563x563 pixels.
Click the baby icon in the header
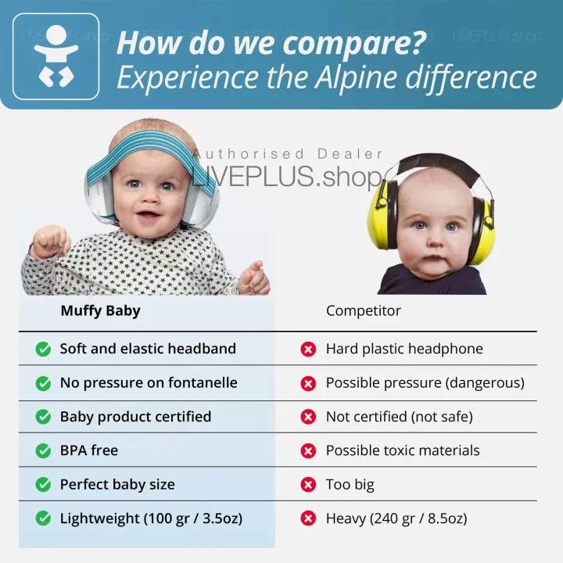click(x=56, y=56)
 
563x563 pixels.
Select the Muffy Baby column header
click(x=100, y=310)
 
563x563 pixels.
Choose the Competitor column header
click(x=363, y=310)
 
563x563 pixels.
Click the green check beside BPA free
click(x=43, y=450)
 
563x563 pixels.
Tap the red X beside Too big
click(x=308, y=485)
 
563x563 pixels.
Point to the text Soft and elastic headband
click(x=148, y=349)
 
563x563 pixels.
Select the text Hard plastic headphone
click(x=404, y=349)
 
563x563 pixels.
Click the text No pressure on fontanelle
click(x=149, y=383)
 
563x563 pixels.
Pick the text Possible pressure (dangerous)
click(x=425, y=383)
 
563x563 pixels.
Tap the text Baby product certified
click(x=135, y=417)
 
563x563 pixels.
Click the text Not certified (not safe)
click(x=399, y=417)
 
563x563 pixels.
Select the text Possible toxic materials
click(x=403, y=450)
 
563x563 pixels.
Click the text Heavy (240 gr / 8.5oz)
click(x=396, y=518)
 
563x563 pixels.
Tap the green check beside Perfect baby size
click(x=43, y=485)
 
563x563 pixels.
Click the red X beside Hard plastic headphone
click(x=308, y=350)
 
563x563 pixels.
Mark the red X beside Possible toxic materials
click(x=308, y=451)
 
